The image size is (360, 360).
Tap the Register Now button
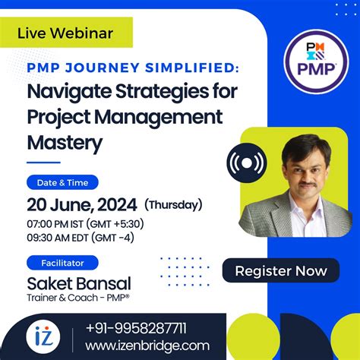[281, 270]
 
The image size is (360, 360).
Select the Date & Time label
[68, 182]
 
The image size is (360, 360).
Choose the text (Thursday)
[174, 204]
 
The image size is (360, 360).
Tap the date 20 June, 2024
[82, 204]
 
